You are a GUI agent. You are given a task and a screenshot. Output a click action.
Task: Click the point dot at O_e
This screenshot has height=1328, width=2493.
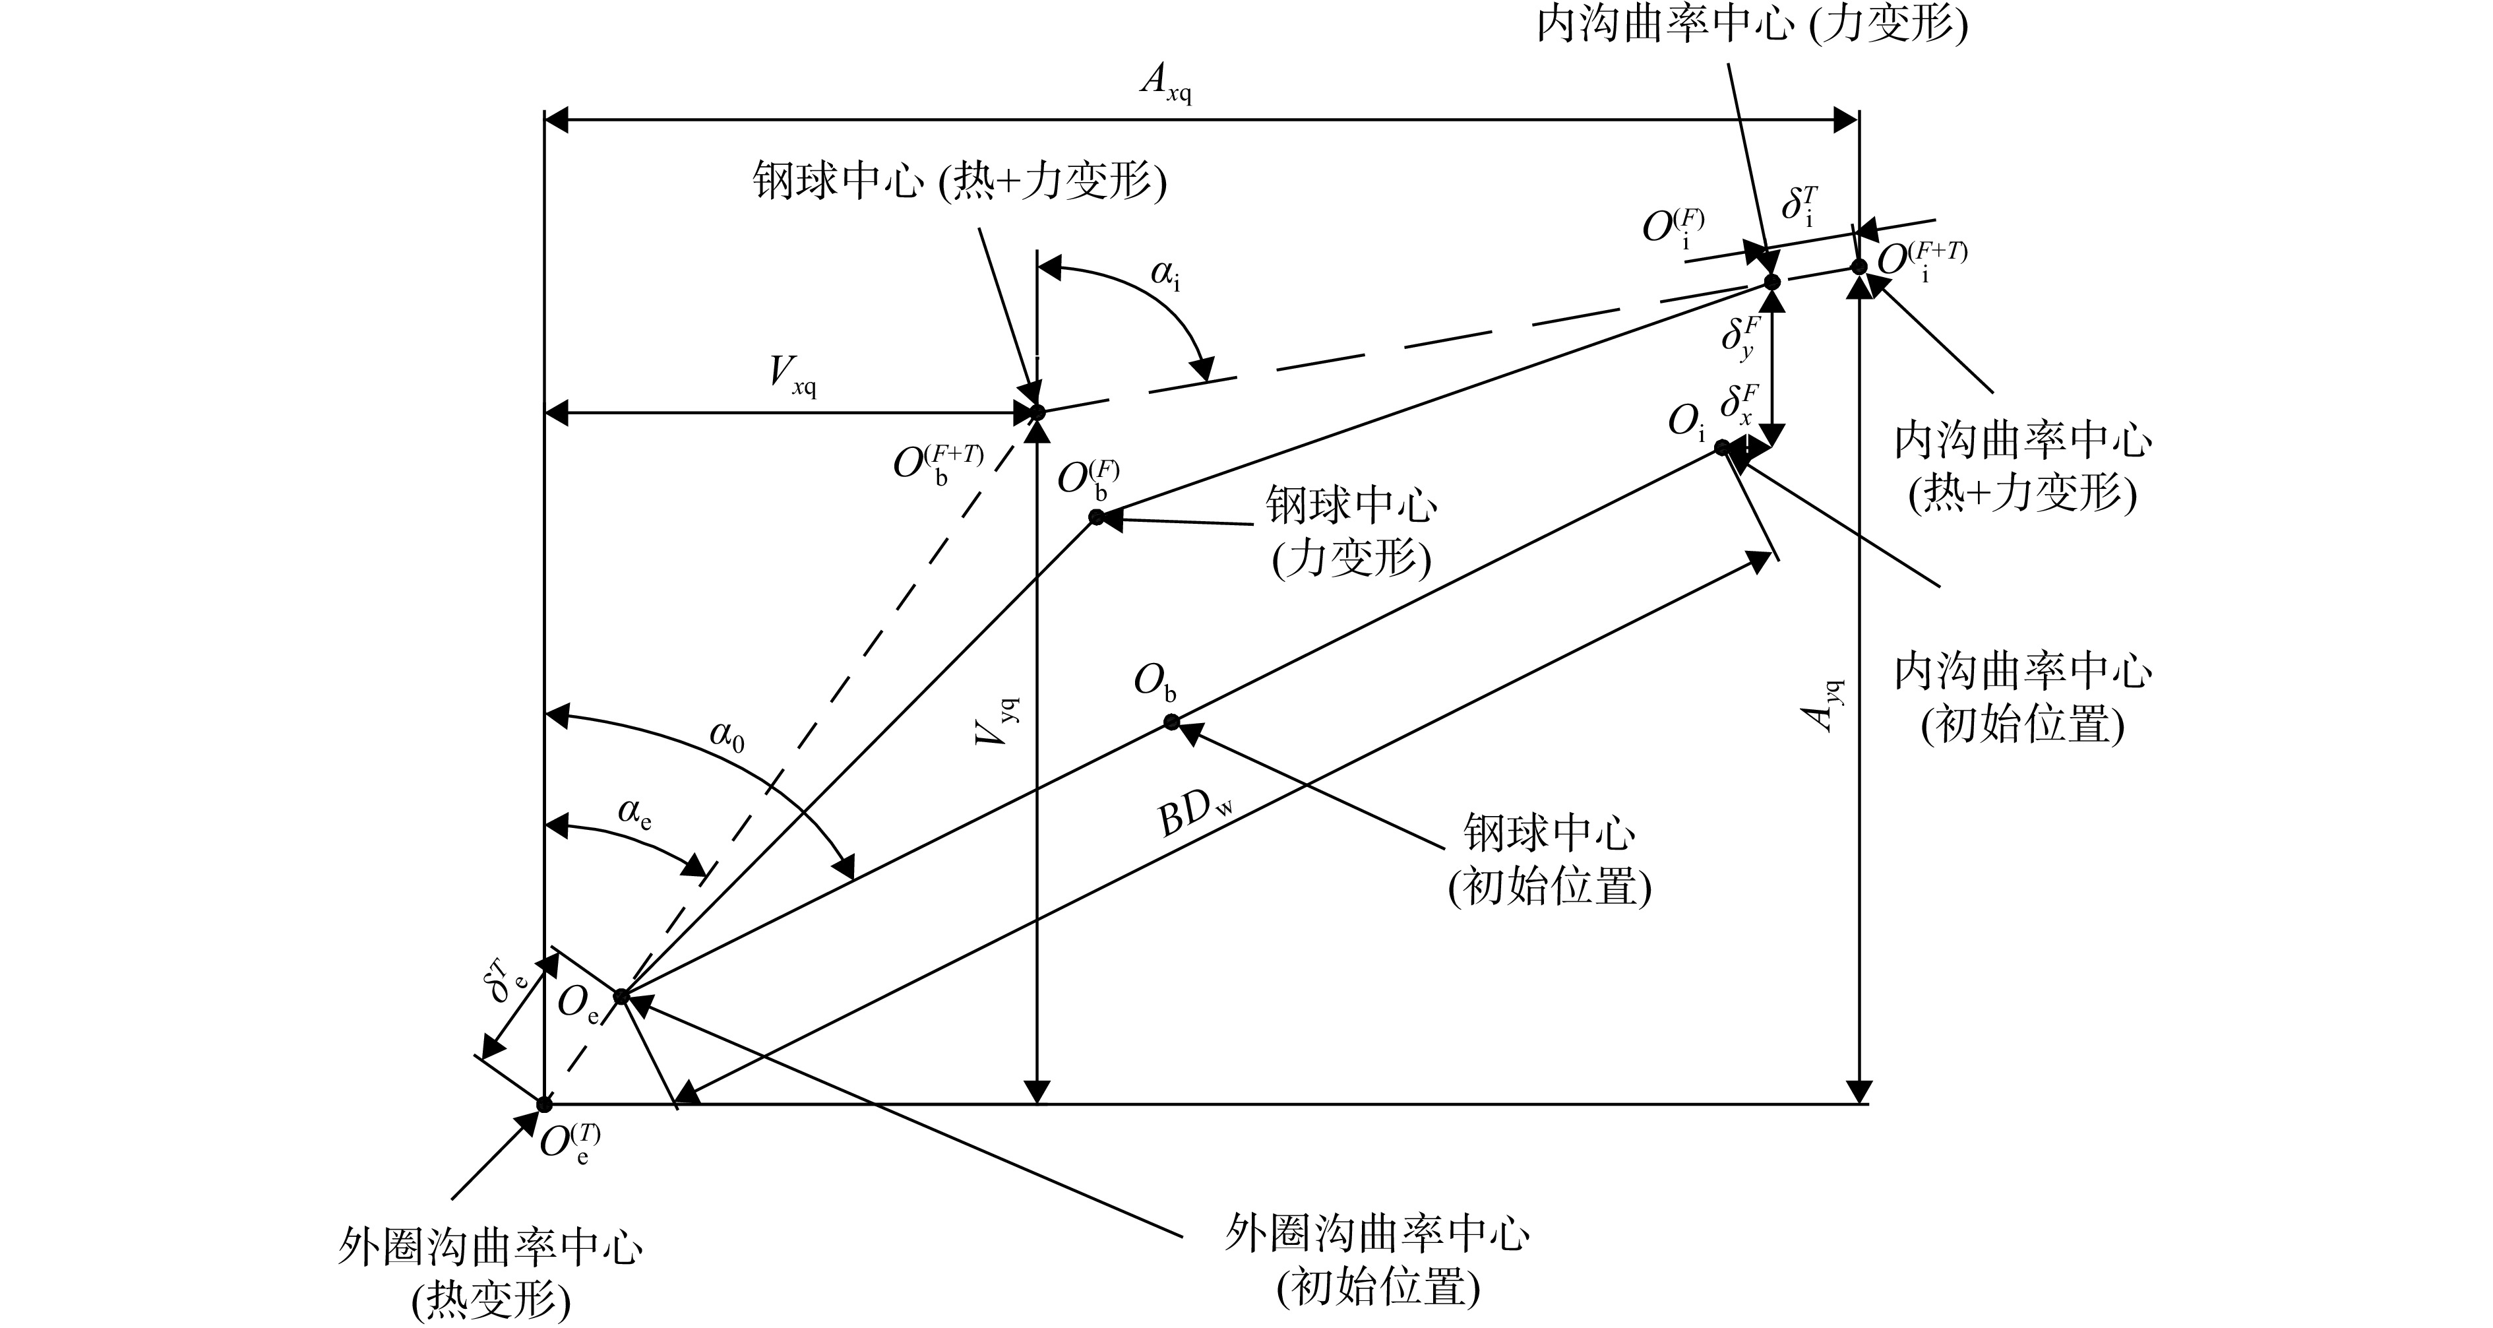click(621, 997)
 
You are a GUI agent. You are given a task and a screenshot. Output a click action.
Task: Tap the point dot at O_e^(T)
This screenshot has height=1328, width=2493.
click(544, 1104)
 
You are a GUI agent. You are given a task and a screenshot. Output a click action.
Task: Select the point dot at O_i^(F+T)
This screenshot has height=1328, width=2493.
click(1858, 266)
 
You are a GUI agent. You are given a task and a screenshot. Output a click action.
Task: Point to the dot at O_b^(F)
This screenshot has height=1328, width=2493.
click(1097, 517)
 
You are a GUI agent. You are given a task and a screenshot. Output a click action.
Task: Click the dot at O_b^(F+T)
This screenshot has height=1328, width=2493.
click(1037, 413)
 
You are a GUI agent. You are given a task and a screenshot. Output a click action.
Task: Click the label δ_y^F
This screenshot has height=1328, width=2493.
click(1740, 337)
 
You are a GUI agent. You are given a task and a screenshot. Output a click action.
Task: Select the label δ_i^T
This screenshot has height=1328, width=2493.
click(1799, 206)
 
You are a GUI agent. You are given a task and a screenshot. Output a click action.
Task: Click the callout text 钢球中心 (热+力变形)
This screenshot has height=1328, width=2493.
click(959, 181)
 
